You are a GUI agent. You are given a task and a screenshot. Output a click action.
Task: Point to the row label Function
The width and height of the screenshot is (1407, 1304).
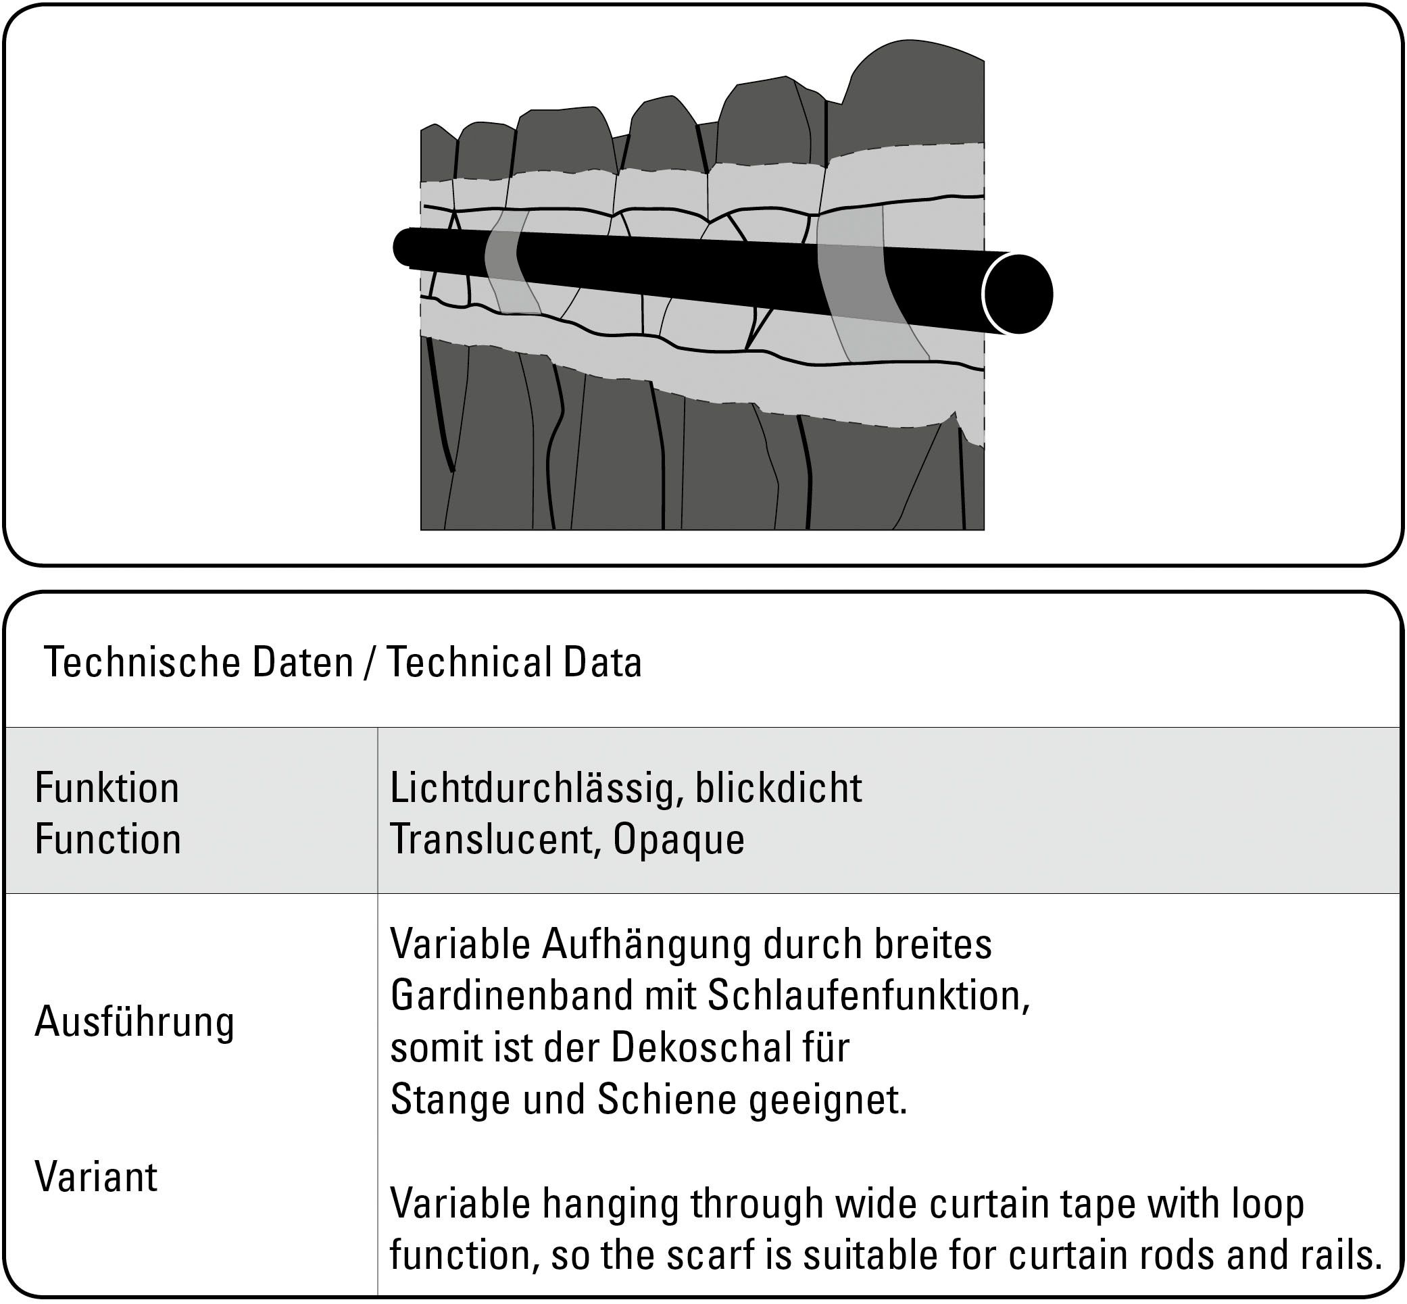pyautogui.click(x=108, y=840)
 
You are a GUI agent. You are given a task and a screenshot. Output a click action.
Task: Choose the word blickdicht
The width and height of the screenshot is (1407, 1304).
pyautogui.click(x=778, y=788)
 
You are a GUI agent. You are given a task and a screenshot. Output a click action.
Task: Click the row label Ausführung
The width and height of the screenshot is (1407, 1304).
pyautogui.click(x=134, y=1022)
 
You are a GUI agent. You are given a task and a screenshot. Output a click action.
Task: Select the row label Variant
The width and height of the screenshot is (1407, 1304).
pyautogui.click(x=96, y=1177)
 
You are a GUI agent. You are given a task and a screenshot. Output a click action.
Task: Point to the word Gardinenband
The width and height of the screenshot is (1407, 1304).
pyautogui.click(x=509, y=996)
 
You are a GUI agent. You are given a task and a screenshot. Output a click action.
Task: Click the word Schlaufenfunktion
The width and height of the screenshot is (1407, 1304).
pyautogui.click(x=867, y=996)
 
